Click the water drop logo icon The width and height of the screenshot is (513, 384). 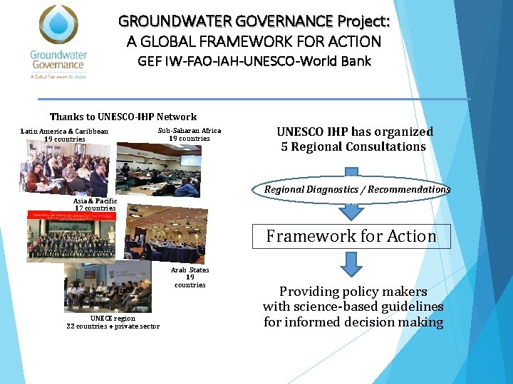click(59, 26)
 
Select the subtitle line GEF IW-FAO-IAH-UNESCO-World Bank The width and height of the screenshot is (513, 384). click(254, 61)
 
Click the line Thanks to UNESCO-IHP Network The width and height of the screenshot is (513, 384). click(123, 117)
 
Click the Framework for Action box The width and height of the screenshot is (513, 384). click(351, 236)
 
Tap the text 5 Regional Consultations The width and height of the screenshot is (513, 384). click(354, 146)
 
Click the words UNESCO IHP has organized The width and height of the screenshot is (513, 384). click(354, 132)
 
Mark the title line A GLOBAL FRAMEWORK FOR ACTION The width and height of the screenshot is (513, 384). click(254, 42)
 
